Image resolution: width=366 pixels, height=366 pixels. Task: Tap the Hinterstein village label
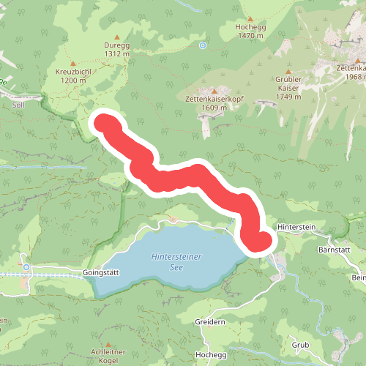[296, 228]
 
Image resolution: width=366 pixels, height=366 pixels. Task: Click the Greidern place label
[210, 321]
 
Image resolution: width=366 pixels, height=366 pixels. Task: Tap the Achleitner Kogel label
[108, 356]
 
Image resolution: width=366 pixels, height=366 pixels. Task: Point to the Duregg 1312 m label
[117, 49]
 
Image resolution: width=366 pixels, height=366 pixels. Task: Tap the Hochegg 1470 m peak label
[249, 30]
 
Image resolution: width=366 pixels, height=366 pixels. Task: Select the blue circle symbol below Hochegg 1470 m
[203, 45]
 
